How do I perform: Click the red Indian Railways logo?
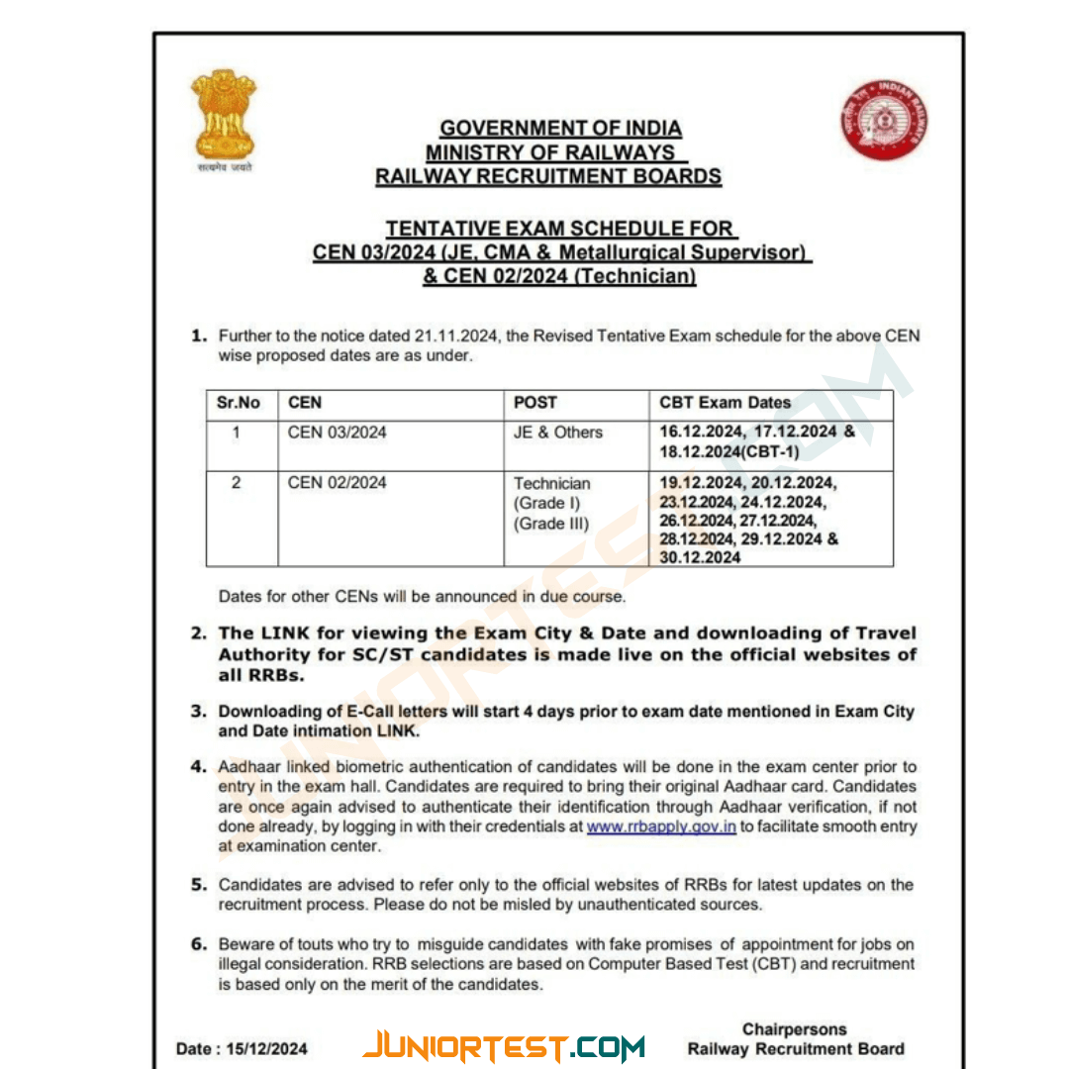coord(884,120)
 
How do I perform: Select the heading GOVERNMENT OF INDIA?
coord(560,129)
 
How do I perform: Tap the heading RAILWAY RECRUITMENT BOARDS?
coord(548,177)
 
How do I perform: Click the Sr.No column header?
coord(239,404)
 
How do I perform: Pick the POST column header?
coord(535,403)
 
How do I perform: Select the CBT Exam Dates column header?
coord(726,403)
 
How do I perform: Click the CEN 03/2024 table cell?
coord(338,433)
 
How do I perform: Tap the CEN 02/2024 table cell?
coord(338,483)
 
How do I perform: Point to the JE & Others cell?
coord(558,433)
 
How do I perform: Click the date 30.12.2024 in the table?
coord(701,557)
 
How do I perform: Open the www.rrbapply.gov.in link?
coord(661,826)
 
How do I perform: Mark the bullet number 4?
coord(198,767)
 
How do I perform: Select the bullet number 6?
coord(198,944)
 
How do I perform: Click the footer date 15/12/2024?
coord(269,1049)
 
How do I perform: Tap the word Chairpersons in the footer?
coord(795,1029)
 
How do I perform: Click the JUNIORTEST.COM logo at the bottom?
coord(504,1047)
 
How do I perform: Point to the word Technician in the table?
coord(552,484)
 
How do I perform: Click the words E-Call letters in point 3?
coord(396,712)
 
